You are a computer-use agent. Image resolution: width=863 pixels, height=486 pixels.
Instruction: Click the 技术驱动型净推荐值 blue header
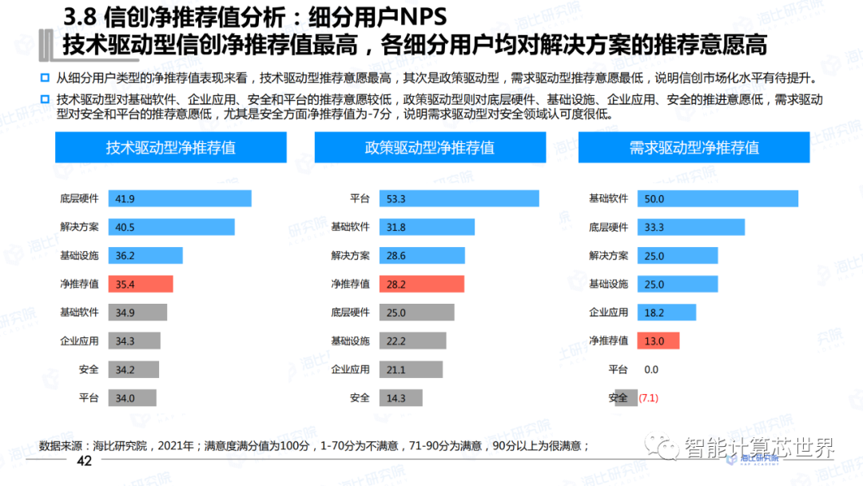(x=170, y=148)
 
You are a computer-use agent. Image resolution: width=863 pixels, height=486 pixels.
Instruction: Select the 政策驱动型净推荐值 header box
(x=429, y=148)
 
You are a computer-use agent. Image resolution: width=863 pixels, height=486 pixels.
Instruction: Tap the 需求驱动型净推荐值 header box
(x=694, y=148)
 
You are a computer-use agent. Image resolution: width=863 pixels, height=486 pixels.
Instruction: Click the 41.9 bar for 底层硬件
(x=180, y=199)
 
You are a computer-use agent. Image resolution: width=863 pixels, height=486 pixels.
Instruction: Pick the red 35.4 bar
(x=129, y=284)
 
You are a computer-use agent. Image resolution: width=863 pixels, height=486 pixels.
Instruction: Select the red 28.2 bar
(x=422, y=284)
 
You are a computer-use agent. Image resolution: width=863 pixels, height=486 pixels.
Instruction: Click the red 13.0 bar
(x=658, y=341)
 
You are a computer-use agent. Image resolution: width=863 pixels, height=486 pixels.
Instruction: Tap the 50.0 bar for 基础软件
(x=718, y=199)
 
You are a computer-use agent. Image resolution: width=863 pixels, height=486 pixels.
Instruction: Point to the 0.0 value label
(x=651, y=369)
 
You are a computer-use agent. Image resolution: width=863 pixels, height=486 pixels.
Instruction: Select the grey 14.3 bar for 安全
(x=404, y=398)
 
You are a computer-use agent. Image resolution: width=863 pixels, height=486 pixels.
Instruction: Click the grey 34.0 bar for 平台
(x=132, y=398)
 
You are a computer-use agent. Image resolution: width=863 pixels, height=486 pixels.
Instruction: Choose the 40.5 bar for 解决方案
(x=171, y=227)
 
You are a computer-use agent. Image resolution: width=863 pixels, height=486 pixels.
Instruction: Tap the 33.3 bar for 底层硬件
(x=690, y=227)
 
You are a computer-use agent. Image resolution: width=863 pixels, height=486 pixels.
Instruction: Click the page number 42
(x=85, y=462)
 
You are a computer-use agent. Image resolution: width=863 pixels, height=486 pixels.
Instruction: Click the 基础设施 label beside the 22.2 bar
(x=351, y=341)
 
